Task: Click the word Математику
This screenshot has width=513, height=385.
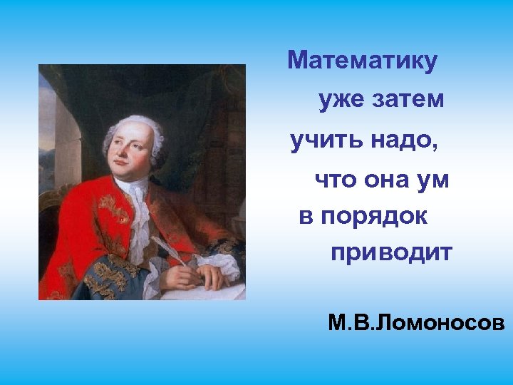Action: tap(362, 61)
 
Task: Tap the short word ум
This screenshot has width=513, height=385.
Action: tap(434, 180)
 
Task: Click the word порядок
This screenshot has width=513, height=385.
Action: tap(374, 217)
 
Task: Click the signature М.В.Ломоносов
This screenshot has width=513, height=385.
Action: tap(416, 324)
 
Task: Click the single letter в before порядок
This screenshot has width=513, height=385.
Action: tap(306, 217)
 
